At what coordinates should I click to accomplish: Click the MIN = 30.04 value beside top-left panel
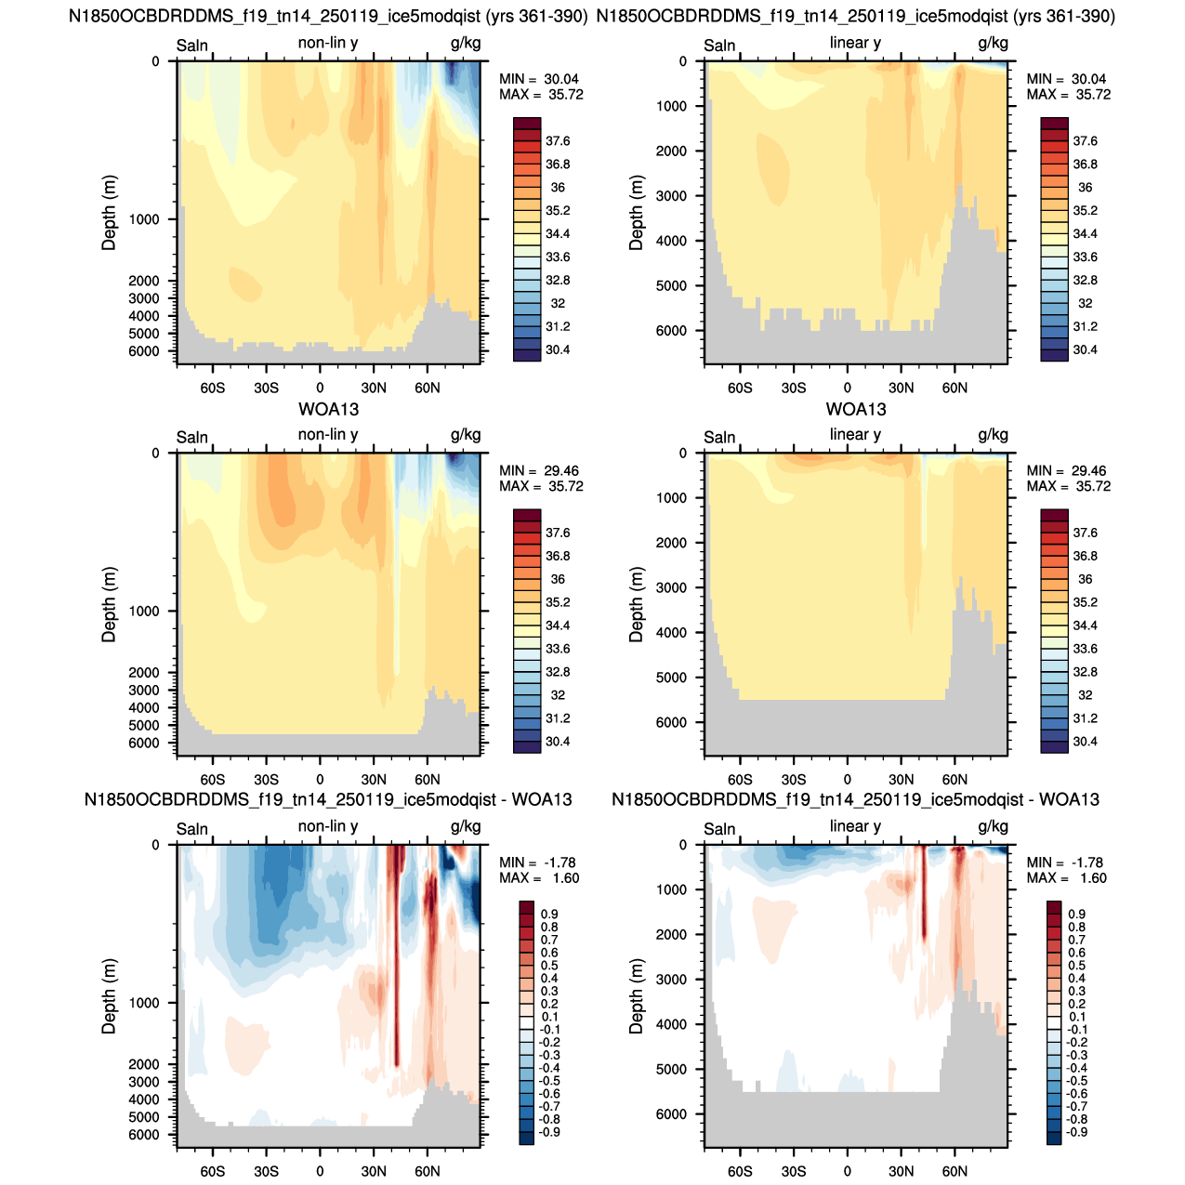tap(538, 79)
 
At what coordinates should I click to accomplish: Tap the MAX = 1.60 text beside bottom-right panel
tap(1066, 877)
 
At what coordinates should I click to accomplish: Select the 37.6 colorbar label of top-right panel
tap(1085, 141)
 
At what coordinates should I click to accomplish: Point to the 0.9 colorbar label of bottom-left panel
tap(549, 914)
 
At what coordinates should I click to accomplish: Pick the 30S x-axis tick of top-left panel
tap(266, 388)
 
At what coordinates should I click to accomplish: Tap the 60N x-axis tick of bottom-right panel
tap(955, 1171)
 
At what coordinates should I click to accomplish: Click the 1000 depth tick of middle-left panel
tap(144, 611)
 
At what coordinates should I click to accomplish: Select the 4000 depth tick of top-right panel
tap(671, 241)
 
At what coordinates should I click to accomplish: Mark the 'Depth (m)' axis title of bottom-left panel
tap(109, 996)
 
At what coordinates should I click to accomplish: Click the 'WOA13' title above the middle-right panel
tap(855, 409)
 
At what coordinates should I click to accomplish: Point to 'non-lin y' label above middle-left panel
tap(328, 435)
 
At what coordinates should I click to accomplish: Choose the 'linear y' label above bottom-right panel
tap(855, 826)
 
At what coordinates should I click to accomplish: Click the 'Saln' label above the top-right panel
tap(718, 46)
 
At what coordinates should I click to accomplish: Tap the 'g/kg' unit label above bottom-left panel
tap(466, 827)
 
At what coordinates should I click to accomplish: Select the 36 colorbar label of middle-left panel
tap(558, 579)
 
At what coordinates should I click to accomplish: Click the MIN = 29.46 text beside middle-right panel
tap(1066, 470)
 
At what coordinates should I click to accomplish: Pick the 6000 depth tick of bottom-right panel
tap(671, 1113)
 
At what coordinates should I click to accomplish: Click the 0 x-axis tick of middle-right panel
tap(847, 780)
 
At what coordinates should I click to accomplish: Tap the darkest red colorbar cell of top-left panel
tap(527, 123)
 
